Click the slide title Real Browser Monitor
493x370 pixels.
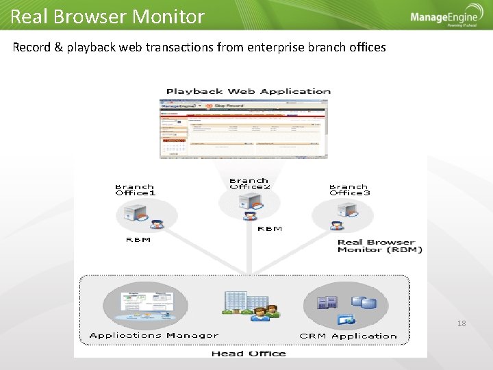pyautogui.click(x=108, y=16)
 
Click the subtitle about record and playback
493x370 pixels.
pyautogui.click(x=199, y=47)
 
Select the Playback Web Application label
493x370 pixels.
pyautogui.click(x=249, y=91)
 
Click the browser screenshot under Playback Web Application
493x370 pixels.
pyautogui.click(x=243, y=129)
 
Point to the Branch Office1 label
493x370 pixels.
pyautogui.click(x=135, y=190)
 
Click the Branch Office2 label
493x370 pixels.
pyautogui.click(x=250, y=184)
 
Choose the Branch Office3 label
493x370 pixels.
pyautogui.click(x=349, y=190)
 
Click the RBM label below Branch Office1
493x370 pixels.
pyautogui.click(x=138, y=240)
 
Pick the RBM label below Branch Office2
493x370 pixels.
pyautogui.click(x=269, y=229)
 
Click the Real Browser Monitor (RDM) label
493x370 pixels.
pyautogui.click(x=379, y=246)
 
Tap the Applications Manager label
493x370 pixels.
pyautogui.click(x=154, y=336)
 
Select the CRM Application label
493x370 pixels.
pyautogui.click(x=348, y=336)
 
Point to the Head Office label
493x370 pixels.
pyautogui.click(x=249, y=353)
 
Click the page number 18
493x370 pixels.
pyautogui.click(x=461, y=323)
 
